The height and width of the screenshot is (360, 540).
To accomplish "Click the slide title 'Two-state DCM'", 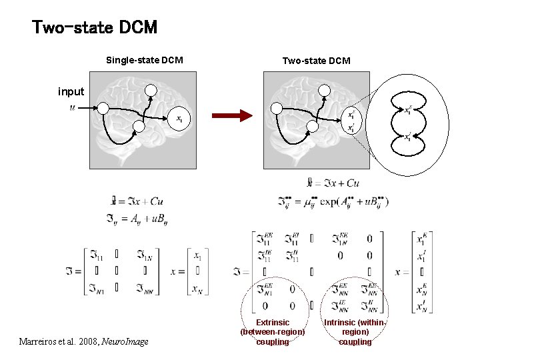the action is click(95, 28).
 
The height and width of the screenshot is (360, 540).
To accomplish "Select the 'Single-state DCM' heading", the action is click(145, 61).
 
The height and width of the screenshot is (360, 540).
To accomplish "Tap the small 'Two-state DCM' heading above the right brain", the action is click(316, 61).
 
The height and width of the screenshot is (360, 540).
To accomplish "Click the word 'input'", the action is click(71, 92).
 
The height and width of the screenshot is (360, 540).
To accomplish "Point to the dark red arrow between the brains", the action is click(232, 115).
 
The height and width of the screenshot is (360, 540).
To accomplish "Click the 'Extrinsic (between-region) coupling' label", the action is click(273, 331).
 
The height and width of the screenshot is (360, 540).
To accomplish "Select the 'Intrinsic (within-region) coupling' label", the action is click(355, 331).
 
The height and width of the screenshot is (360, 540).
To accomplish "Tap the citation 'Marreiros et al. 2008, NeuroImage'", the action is click(84, 342).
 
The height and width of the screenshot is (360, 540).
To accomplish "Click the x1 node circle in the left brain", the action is click(179, 119).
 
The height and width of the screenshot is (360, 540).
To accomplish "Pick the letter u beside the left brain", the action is click(72, 107).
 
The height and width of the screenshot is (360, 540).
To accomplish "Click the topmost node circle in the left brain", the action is click(151, 91).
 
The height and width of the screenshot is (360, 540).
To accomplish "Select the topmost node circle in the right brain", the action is click(325, 91).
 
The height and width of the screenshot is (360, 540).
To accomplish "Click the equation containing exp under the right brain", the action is click(333, 201).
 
